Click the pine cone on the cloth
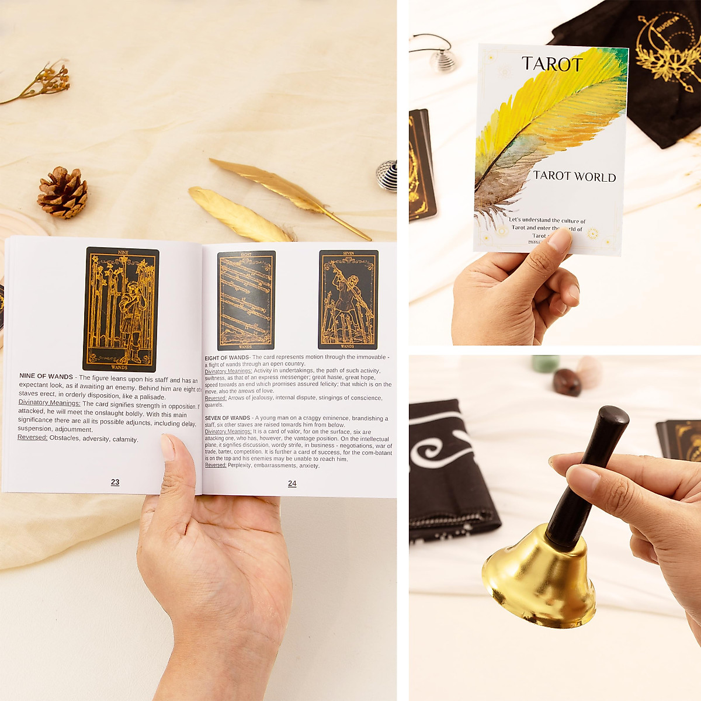(63, 193)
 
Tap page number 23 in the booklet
(115, 482)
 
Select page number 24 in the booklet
(292, 484)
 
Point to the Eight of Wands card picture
(246, 300)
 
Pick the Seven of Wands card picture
(348, 300)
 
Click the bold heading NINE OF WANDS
(46, 376)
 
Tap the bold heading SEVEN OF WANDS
(227, 418)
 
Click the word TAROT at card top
(552, 64)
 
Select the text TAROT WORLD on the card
(574, 176)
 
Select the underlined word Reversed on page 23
(32, 438)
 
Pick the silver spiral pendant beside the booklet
(387, 175)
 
